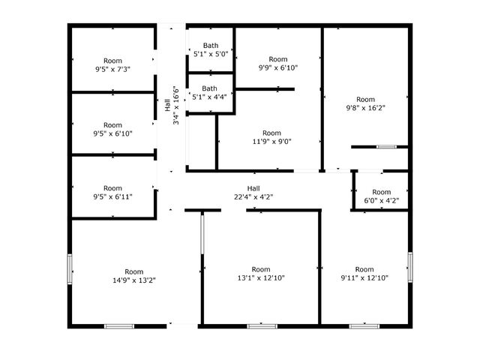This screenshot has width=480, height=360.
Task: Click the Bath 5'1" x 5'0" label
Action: tap(211, 50)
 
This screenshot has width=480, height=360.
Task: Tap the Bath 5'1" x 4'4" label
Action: tap(210, 93)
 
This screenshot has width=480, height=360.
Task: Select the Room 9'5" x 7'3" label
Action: tap(113, 65)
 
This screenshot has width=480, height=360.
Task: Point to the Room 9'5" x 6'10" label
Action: tap(113, 129)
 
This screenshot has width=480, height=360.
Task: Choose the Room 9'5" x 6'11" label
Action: tap(113, 192)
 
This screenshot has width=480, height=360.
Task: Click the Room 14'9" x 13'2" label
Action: tap(134, 276)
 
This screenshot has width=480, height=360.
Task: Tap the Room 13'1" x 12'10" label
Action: tap(261, 274)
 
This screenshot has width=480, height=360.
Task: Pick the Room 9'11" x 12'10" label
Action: tap(364, 274)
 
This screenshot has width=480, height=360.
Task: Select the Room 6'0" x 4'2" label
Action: tap(382, 196)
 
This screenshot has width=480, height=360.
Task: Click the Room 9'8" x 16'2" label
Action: tap(365, 103)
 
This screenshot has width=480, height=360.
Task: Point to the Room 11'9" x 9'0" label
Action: tap(271, 137)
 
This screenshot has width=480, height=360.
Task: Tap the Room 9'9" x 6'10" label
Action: tap(278, 63)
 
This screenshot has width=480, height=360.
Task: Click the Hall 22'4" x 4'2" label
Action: tap(253, 193)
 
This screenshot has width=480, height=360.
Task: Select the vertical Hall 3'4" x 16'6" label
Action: tap(172, 105)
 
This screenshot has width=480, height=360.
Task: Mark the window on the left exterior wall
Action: tap(70, 269)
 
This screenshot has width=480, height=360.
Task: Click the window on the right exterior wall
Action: tap(410, 267)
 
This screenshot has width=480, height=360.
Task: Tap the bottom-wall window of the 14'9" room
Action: tap(119, 326)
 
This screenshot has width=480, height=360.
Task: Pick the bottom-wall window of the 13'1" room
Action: tap(262, 326)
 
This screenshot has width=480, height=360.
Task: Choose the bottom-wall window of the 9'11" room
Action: tap(364, 326)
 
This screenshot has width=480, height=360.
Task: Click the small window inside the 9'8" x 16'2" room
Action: tap(386, 147)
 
